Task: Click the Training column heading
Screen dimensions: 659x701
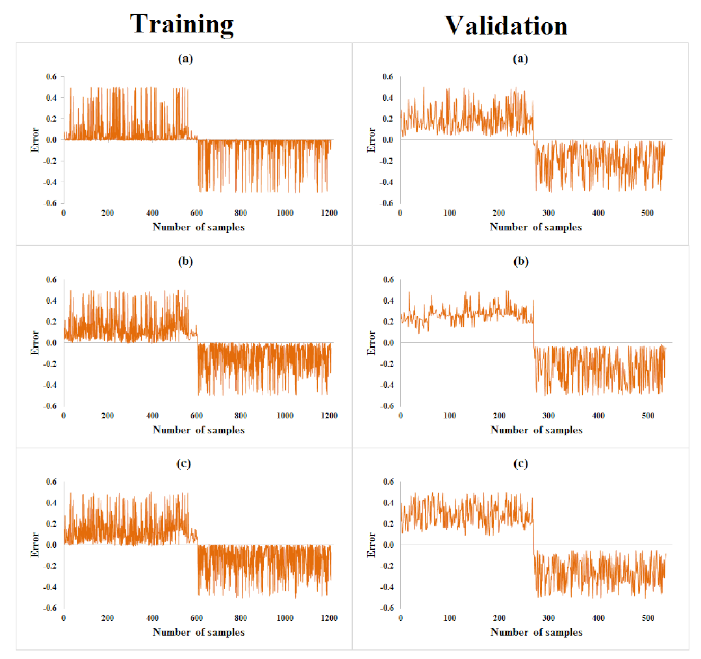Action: coord(182,24)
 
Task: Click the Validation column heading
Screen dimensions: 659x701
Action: coord(505,26)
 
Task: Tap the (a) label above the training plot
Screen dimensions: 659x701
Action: coord(185,59)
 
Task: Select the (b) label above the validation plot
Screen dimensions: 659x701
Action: coord(521,261)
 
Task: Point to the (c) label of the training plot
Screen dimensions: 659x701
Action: coord(183,464)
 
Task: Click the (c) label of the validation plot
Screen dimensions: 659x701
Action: coord(520,464)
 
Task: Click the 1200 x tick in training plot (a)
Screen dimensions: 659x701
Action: coord(329,213)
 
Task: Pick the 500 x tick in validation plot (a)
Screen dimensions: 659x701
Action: coord(647,213)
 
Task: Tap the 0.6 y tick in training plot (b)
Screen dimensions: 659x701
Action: coord(51,280)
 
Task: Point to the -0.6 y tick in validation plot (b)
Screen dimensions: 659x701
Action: coord(387,406)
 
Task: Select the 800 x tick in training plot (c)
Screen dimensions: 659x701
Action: coord(241,618)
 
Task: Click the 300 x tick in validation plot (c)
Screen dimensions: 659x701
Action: coord(548,618)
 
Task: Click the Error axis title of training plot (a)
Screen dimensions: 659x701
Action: coord(35,140)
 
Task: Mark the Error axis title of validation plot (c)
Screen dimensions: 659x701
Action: coord(371,545)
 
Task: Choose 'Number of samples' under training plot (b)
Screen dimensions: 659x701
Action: coord(199,430)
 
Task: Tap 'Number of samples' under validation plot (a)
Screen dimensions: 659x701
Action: coord(536,227)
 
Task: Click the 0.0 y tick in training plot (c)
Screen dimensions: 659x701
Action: coord(51,545)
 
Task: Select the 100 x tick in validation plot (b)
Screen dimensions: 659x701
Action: coord(449,416)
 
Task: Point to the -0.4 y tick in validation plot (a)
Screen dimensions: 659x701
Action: coord(387,182)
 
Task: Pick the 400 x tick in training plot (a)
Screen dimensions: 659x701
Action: coord(152,213)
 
